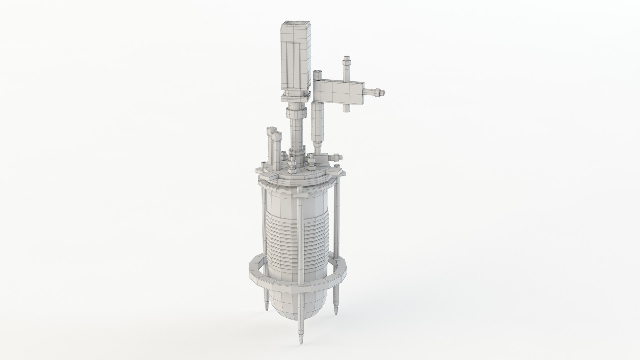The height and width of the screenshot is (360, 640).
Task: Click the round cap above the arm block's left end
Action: (x=317, y=75)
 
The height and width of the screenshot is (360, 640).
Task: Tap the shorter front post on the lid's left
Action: (x=276, y=150)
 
